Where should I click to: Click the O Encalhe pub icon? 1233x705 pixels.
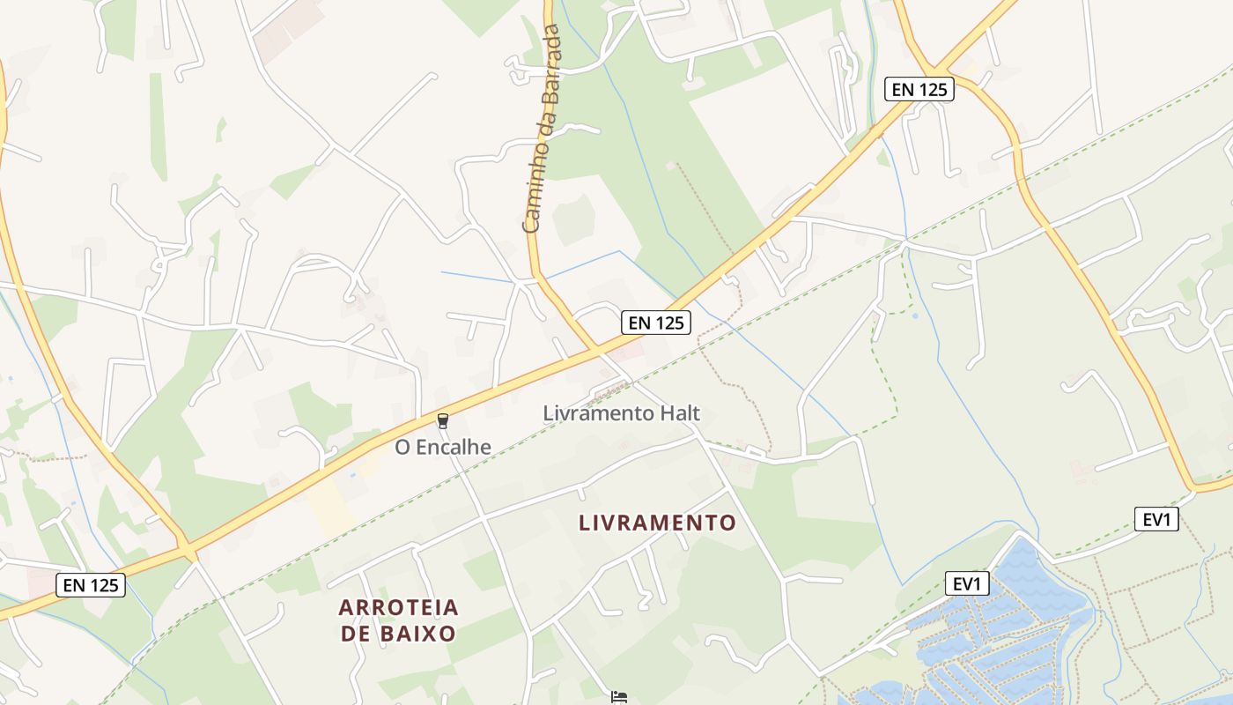point(443,421)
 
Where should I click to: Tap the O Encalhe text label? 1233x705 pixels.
point(443,448)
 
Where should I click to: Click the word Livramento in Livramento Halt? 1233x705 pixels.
point(595,412)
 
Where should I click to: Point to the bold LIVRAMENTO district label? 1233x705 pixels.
point(657,523)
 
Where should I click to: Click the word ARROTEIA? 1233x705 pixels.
point(399,607)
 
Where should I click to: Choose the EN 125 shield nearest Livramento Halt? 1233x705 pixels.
point(656,323)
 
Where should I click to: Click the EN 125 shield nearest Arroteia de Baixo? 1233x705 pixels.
point(91,584)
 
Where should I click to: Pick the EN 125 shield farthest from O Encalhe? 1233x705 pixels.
point(919,89)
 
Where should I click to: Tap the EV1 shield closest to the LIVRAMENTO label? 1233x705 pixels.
point(968,583)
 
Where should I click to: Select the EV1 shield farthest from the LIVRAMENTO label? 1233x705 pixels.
point(1156,519)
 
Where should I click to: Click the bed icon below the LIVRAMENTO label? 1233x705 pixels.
point(620,697)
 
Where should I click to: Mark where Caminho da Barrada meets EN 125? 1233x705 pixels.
point(597,350)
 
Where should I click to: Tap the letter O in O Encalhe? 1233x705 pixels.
point(403,448)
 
